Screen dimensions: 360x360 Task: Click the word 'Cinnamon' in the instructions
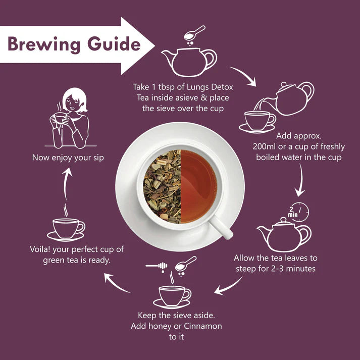pyautogui.click(x=200, y=326)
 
